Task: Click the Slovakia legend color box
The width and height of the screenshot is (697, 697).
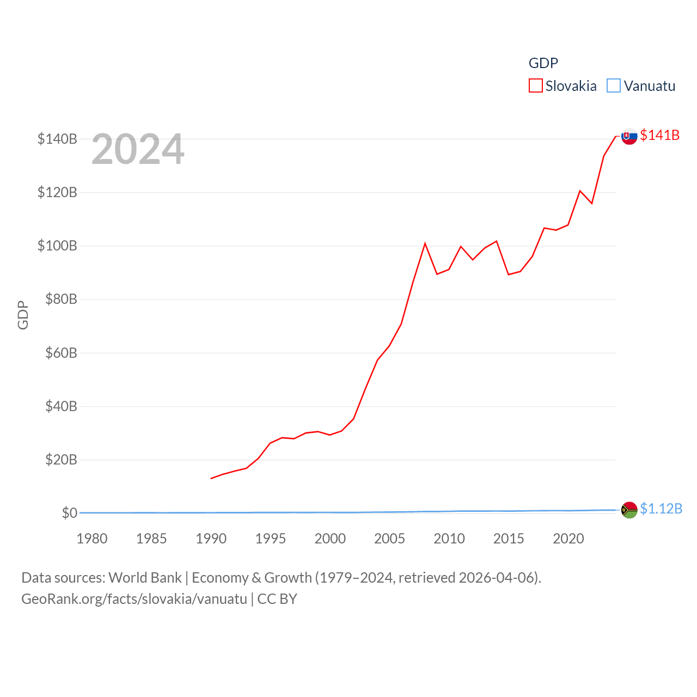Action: click(x=535, y=86)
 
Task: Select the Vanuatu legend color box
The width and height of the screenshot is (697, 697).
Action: click(x=614, y=86)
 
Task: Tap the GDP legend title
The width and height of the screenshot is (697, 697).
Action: click(x=543, y=63)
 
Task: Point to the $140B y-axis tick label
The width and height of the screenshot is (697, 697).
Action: click(x=57, y=139)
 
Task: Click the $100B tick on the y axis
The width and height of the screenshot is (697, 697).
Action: click(x=57, y=246)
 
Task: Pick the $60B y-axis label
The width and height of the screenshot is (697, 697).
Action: click(x=61, y=353)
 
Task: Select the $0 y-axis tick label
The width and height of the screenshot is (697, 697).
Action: click(x=69, y=513)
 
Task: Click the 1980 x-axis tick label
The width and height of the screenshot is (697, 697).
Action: click(x=92, y=539)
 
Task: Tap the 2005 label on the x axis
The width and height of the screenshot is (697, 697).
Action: click(x=389, y=539)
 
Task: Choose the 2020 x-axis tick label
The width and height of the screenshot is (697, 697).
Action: click(x=568, y=539)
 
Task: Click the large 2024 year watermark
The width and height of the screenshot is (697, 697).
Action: click(x=138, y=149)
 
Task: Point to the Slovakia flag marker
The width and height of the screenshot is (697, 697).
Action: click(x=629, y=136)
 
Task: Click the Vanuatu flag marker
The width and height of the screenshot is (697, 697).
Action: click(x=629, y=510)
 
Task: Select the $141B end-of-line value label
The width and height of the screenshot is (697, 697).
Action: click(x=659, y=135)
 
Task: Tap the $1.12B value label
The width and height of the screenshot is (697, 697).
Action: click(x=661, y=509)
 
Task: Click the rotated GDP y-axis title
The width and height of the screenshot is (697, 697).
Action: click(x=23, y=315)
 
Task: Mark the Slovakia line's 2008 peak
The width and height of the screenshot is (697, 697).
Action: click(x=425, y=243)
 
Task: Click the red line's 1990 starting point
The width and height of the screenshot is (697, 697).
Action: click(x=211, y=478)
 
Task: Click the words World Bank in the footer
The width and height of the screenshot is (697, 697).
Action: click(x=145, y=577)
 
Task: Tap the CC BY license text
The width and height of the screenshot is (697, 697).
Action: click(x=277, y=599)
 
